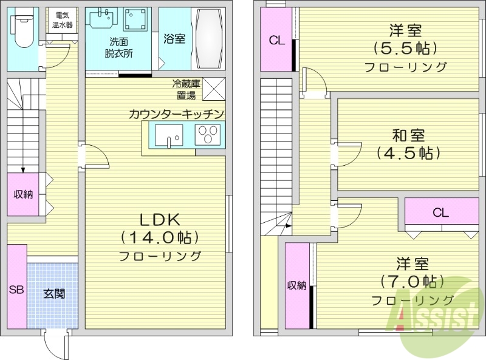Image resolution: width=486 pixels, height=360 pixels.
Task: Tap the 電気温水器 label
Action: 63,21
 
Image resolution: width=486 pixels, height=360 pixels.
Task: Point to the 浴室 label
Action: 174,38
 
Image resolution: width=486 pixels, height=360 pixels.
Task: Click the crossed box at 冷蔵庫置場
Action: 214,89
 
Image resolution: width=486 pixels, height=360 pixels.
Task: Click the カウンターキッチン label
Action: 177,113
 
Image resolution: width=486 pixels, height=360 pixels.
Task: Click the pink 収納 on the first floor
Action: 23,194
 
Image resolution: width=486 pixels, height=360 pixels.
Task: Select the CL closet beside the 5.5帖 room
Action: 276,41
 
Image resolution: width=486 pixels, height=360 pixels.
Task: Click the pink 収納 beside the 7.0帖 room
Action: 298,285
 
